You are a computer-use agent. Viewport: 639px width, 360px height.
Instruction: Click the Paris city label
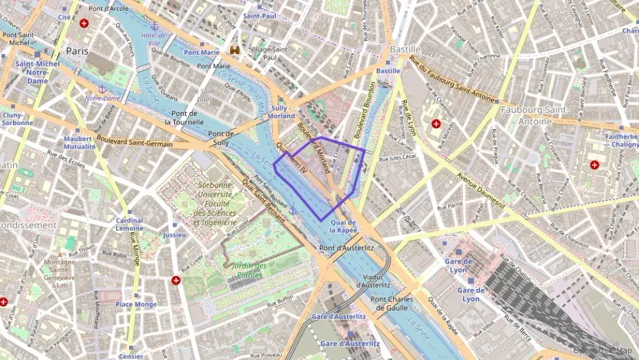pyautogui.click(x=78, y=51)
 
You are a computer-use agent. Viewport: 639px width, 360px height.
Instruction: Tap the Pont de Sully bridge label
pyautogui.click(x=221, y=138)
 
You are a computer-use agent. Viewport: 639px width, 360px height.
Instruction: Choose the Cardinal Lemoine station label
pyautogui.click(x=129, y=225)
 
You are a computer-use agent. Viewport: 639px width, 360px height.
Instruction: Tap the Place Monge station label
pyautogui.click(x=136, y=304)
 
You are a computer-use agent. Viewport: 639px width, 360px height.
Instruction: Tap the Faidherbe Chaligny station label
pyautogui.click(x=621, y=140)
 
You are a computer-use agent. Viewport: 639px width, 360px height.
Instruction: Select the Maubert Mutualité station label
pyautogui.click(x=78, y=142)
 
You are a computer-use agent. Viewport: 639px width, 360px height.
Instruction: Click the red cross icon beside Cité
pyautogui.click(x=84, y=23)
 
